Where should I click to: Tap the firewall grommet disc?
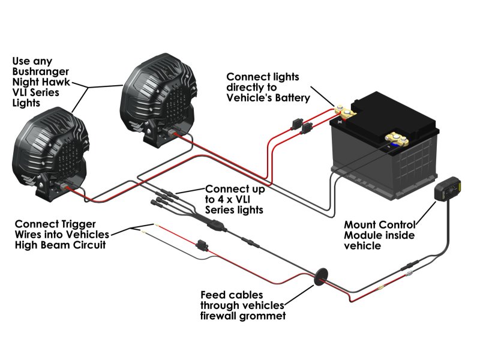[321, 277]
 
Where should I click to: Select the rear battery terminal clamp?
[346, 112]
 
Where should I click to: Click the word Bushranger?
[40, 71]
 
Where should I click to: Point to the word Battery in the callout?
[291, 98]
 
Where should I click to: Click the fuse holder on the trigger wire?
[202, 245]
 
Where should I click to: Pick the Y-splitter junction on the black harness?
[216, 226]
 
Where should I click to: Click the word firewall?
[218, 316]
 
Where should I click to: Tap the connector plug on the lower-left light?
[66, 187]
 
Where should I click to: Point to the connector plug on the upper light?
[173, 133]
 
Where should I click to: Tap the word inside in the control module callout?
[400, 235]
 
